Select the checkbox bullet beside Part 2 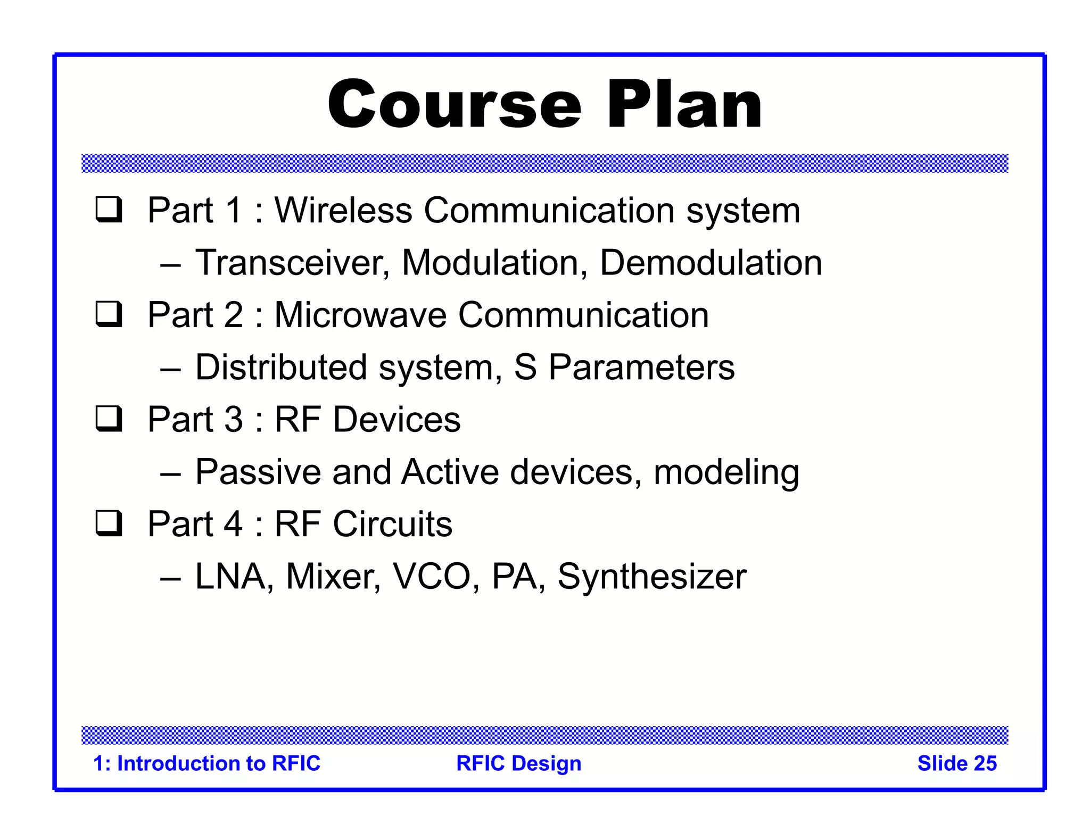pyautogui.click(x=109, y=314)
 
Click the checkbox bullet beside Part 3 pyautogui.click(x=109, y=419)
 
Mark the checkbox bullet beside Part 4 pyautogui.click(x=109, y=523)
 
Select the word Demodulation pyautogui.click(x=711, y=263)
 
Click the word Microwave pyautogui.click(x=360, y=314)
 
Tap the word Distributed pyautogui.click(x=281, y=367)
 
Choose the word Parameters pyautogui.click(x=641, y=367)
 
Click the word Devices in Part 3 pyautogui.click(x=397, y=419)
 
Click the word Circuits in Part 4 pyautogui.click(x=392, y=523)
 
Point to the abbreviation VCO pyautogui.click(x=431, y=576)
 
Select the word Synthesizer pyautogui.click(x=651, y=576)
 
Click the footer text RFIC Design pyautogui.click(x=518, y=763)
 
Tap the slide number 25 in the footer pyautogui.click(x=985, y=763)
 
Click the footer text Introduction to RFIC pyautogui.click(x=218, y=763)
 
